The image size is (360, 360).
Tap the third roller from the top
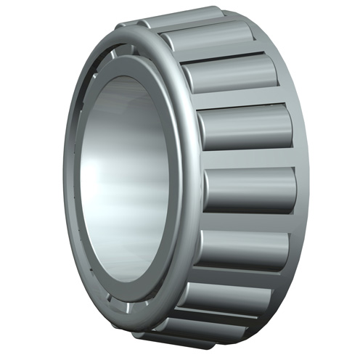(x=232, y=73)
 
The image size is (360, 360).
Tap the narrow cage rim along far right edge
(x=303, y=181)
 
